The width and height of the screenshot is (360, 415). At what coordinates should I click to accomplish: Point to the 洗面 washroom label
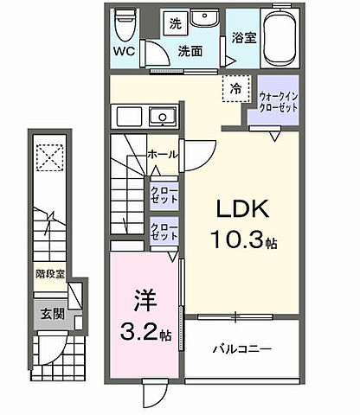[x=190, y=51]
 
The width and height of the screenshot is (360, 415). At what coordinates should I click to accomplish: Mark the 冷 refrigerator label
[x=235, y=87]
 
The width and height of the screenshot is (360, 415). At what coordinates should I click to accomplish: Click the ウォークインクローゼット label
[x=277, y=102]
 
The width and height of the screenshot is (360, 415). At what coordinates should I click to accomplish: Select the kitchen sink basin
[x=160, y=117]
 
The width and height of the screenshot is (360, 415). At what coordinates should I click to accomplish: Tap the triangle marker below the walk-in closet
[x=276, y=137]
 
